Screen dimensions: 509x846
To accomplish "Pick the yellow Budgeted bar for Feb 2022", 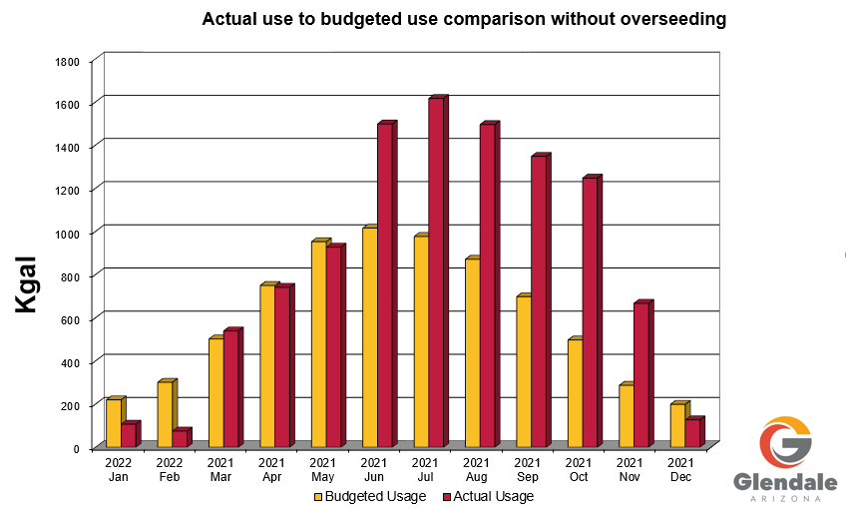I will tap(165, 414).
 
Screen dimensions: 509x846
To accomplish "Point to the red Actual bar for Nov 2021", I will tap(641, 374).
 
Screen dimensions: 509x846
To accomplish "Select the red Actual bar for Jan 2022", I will tap(128, 434).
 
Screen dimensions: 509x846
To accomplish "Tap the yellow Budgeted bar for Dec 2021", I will tap(677, 425).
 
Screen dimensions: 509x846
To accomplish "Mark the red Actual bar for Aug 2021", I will tap(487, 285).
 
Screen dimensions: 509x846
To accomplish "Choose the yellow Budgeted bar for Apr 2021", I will tap(266, 365).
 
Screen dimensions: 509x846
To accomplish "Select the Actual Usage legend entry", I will tap(488, 496).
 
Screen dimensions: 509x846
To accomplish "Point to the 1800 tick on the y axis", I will tap(67, 62).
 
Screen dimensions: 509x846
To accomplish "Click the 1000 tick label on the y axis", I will tap(67, 234).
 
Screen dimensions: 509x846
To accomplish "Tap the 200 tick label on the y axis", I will tap(70, 405).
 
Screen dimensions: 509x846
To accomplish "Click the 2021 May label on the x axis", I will tap(322, 469).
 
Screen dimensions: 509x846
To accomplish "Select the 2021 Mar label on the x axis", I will tap(219, 469).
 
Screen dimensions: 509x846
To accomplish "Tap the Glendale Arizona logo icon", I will tap(785, 442).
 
